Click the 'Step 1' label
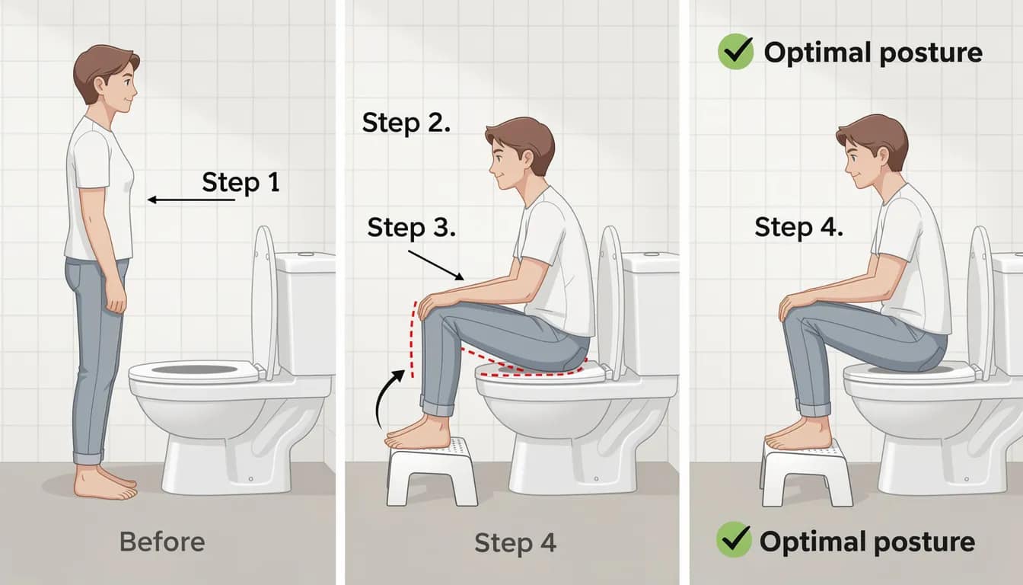[241, 182]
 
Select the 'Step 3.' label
[411, 227]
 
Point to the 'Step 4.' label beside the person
[798, 227]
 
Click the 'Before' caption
[162, 542]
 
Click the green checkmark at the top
[735, 53]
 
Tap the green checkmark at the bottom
[734, 540]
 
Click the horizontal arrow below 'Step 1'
[191, 200]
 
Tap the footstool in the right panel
[806, 472]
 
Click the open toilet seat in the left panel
[195, 372]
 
